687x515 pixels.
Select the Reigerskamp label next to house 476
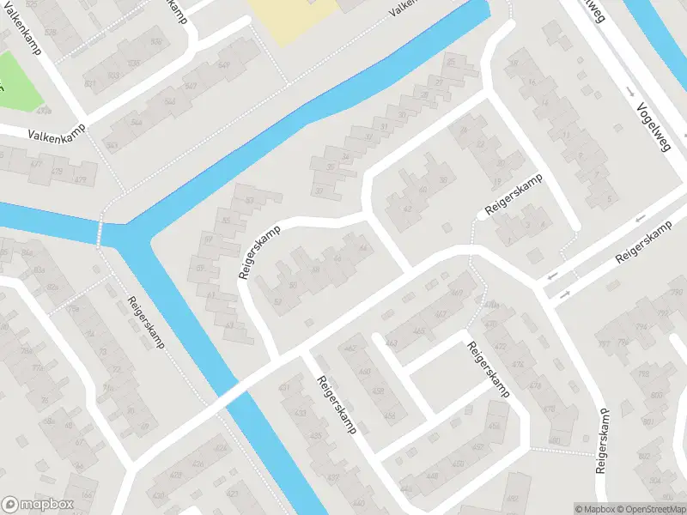point(489,369)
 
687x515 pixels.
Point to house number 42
point(407,209)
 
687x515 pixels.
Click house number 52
point(277,300)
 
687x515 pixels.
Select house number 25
point(451,63)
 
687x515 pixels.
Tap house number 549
point(225,65)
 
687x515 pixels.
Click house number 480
point(555,439)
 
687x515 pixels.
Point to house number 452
point(494,427)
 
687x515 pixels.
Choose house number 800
point(658,396)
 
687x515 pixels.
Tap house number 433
point(300,413)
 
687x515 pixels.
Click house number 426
point(221,448)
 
